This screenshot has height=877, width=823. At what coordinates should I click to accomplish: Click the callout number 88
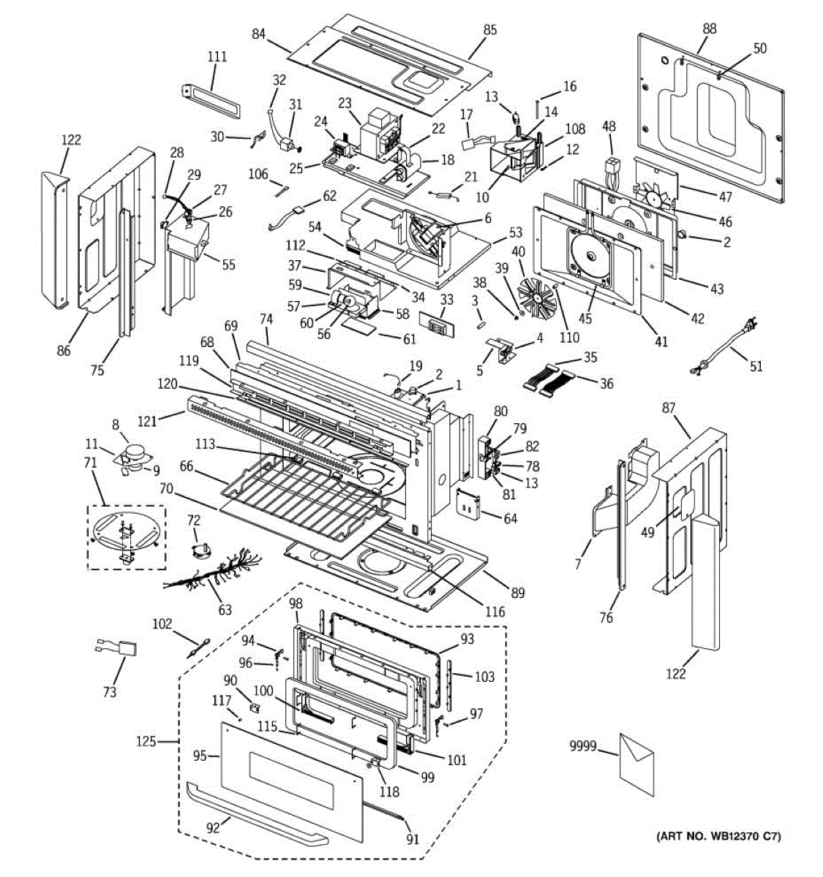tap(709, 29)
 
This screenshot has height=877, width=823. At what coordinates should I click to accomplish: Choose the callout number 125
tap(146, 742)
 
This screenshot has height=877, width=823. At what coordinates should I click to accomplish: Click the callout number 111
tap(217, 57)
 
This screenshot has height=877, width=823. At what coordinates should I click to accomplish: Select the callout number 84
tap(259, 34)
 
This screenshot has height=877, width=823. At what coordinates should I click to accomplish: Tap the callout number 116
tap(495, 611)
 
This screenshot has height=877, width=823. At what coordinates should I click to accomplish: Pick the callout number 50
tap(759, 48)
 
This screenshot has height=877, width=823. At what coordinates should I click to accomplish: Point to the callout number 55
tap(228, 265)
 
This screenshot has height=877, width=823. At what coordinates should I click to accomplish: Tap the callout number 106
tap(258, 173)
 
